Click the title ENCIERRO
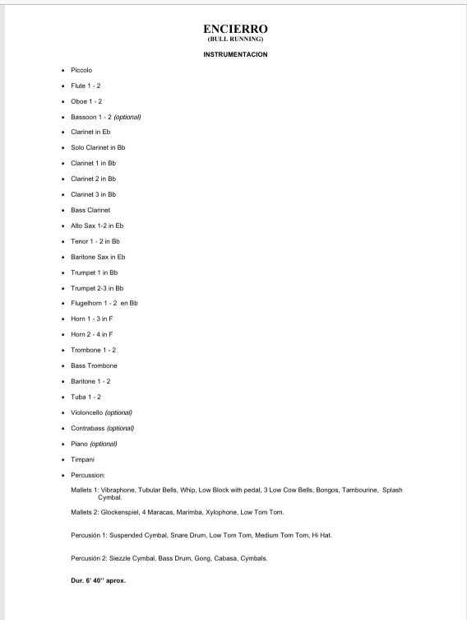(x=235, y=30)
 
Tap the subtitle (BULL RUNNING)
(x=235, y=40)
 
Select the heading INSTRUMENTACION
(x=235, y=54)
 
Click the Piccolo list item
(x=81, y=70)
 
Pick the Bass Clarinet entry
(x=90, y=210)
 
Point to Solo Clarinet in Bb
(x=98, y=147)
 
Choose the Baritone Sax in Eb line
(x=98, y=257)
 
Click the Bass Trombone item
(x=94, y=366)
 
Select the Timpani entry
(x=82, y=459)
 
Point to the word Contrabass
(x=88, y=428)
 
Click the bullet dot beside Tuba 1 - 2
(x=62, y=397)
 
